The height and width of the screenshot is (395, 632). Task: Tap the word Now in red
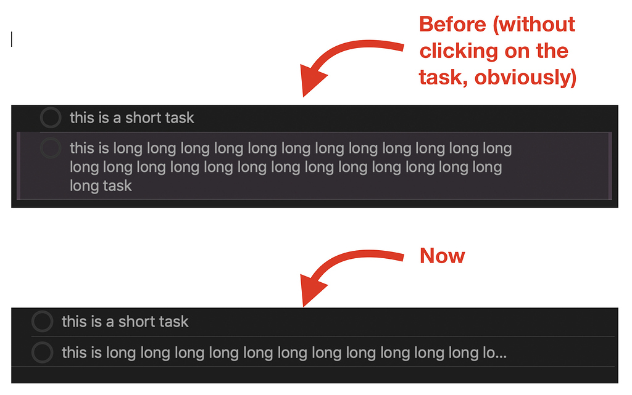pos(442,256)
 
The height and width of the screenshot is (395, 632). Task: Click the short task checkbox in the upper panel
pos(51,117)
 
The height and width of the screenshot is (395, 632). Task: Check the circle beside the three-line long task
pos(51,148)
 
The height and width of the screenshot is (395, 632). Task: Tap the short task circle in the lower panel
pos(43,321)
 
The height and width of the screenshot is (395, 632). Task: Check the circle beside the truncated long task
pos(43,352)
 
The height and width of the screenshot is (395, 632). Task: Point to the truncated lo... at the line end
pos(494,352)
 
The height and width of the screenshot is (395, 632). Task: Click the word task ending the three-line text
pos(117,185)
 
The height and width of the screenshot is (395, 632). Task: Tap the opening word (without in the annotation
pos(536,25)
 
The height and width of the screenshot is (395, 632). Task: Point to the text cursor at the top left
pos(12,39)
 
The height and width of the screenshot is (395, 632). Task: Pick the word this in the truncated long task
pos(74,352)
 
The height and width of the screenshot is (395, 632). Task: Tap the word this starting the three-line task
pos(82,148)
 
